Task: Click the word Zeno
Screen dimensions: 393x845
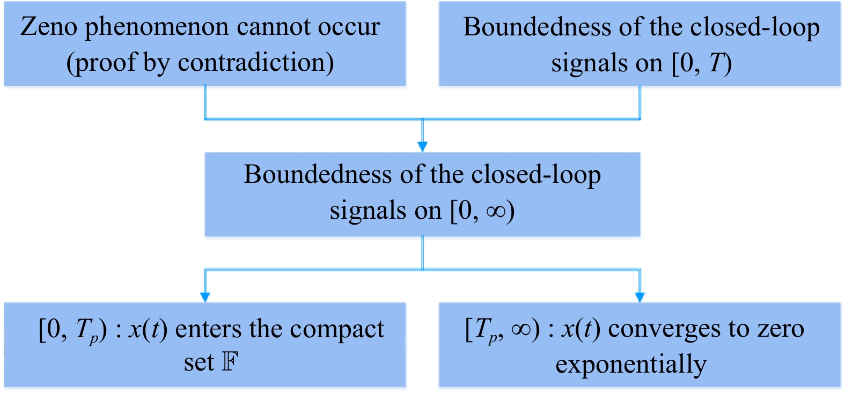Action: click(x=48, y=27)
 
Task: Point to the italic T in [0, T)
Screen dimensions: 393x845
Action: click(x=716, y=63)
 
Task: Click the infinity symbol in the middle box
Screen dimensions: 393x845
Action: click(x=496, y=211)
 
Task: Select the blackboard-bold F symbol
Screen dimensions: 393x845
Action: click(x=230, y=362)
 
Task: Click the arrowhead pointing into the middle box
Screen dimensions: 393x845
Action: click(x=422, y=146)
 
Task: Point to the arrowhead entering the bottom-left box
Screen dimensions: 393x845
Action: click(x=204, y=296)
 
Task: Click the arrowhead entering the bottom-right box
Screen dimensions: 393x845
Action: click(x=640, y=296)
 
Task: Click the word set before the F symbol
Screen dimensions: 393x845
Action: click(x=199, y=363)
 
